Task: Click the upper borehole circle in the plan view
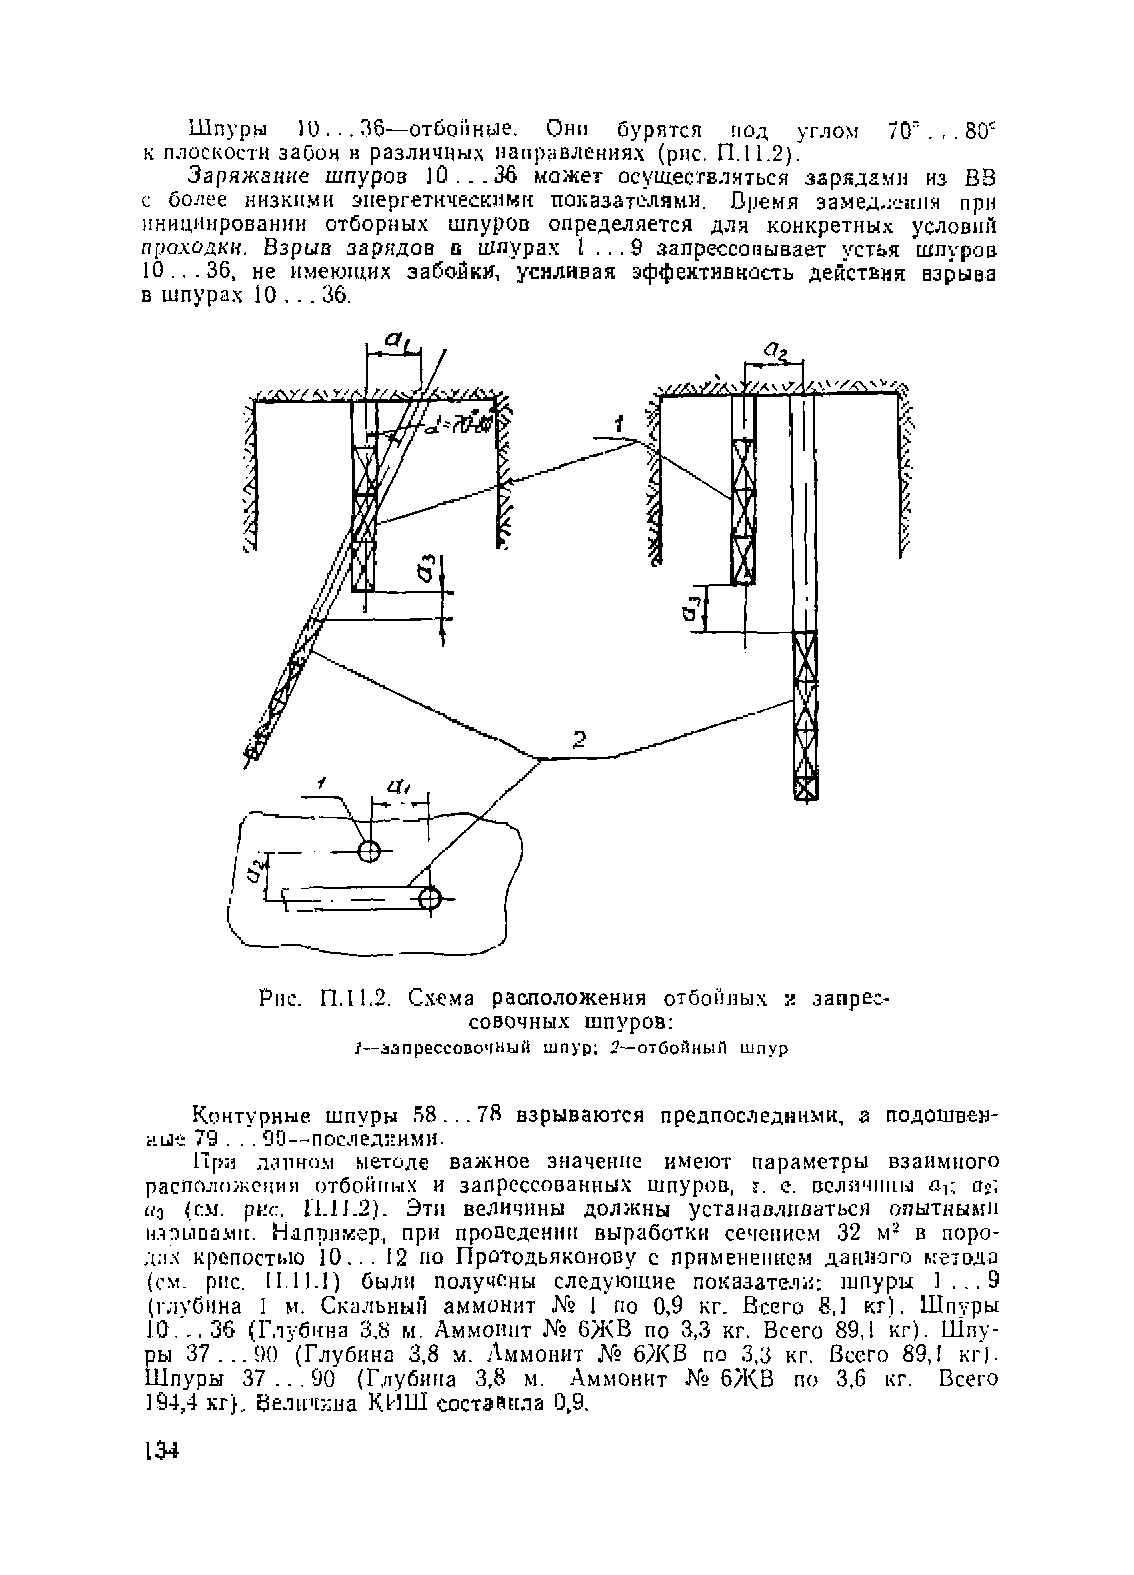click(369, 850)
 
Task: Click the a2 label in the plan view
click(255, 868)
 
